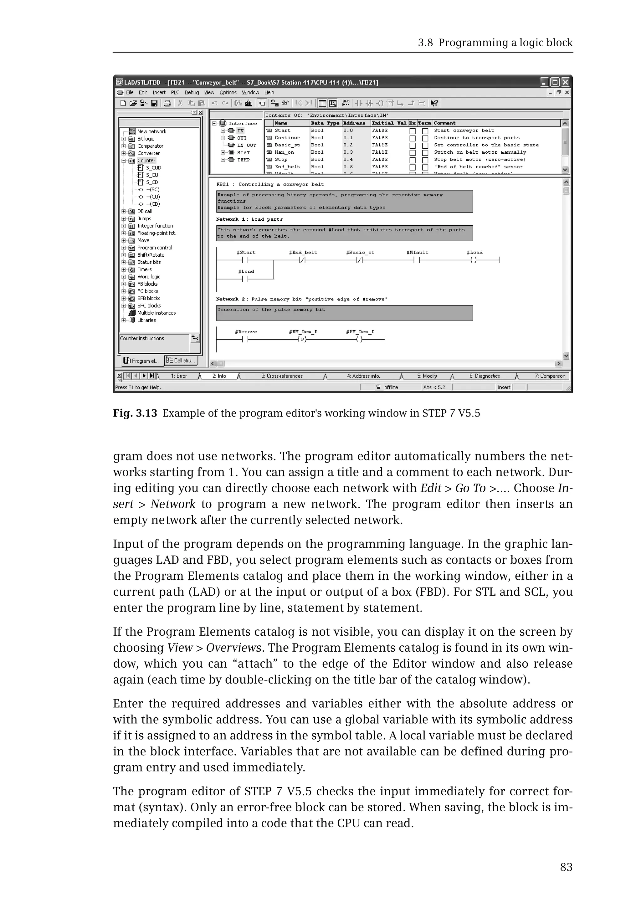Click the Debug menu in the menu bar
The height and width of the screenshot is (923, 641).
pyautogui.click(x=192, y=92)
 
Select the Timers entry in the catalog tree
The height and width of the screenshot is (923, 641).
pyautogui.click(x=144, y=269)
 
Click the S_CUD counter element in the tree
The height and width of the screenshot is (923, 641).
pyautogui.click(x=153, y=168)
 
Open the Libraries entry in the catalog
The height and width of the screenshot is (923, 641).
pyautogui.click(x=146, y=320)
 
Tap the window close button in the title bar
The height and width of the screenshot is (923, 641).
pyautogui.click(x=565, y=82)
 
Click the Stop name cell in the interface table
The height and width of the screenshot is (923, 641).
pyautogui.click(x=281, y=159)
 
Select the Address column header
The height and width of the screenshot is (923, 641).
pyautogui.click(x=354, y=123)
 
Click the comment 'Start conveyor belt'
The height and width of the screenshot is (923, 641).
pyautogui.click(x=464, y=131)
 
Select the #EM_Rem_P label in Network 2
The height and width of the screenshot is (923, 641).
pyautogui.click(x=303, y=332)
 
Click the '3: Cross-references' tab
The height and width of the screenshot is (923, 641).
pyautogui.click(x=282, y=376)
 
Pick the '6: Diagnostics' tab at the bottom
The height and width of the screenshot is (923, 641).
pyautogui.click(x=485, y=376)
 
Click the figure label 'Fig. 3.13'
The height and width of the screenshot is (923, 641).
pyautogui.click(x=135, y=413)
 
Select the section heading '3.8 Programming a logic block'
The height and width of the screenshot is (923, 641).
pyautogui.click(x=495, y=43)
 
